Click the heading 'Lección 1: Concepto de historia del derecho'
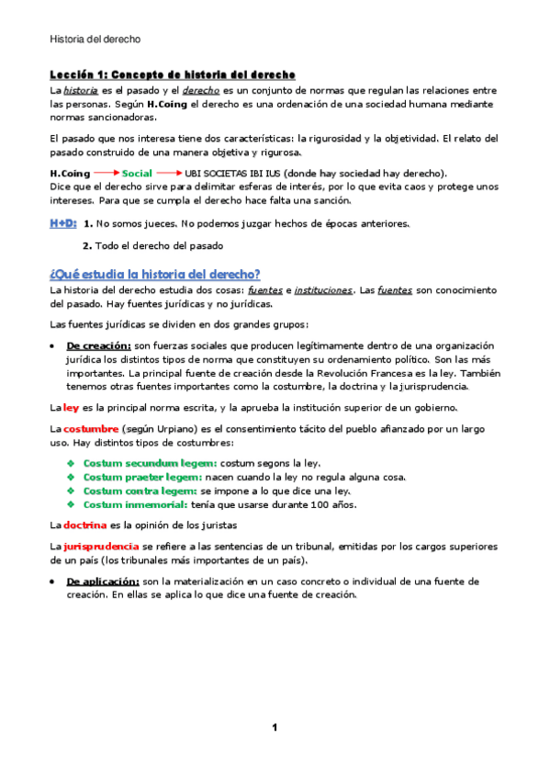click(172, 73)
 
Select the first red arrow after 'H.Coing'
click(106, 173)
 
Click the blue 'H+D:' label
click(62, 223)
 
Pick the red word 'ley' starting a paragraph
click(72, 407)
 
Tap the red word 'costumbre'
click(90, 429)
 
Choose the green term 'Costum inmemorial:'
click(136, 504)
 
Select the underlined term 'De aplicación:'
click(102, 581)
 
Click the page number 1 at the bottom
click(274, 728)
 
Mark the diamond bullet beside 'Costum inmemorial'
click(72, 504)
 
